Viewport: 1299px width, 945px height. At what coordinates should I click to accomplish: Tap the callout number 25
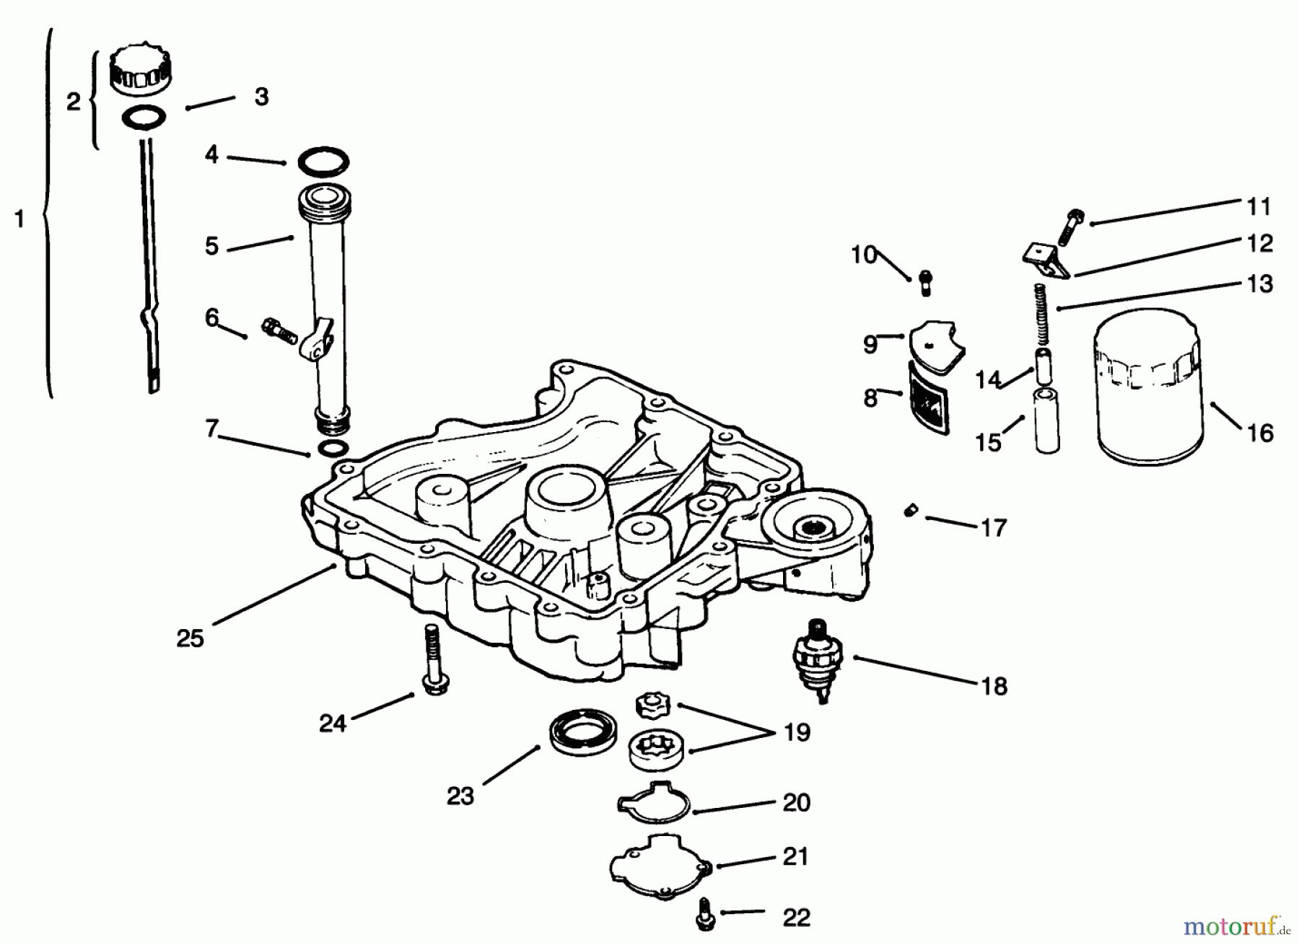pyautogui.click(x=190, y=638)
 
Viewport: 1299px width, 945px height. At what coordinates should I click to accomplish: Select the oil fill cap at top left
pyautogui.click(x=141, y=70)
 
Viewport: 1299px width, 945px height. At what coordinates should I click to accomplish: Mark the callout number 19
pyautogui.click(x=796, y=732)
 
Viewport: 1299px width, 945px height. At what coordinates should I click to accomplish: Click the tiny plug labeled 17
pyautogui.click(x=910, y=511)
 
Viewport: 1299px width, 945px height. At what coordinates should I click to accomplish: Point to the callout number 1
pyautogui.click(x=19, y=219)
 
